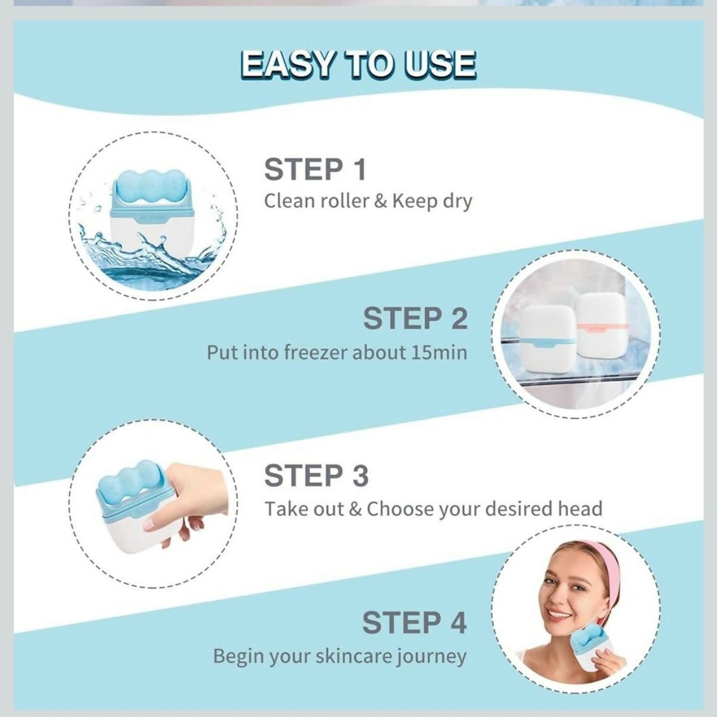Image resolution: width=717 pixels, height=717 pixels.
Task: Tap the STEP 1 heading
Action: tap(315, 170)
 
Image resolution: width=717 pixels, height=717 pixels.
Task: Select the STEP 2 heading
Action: tap(415, 319)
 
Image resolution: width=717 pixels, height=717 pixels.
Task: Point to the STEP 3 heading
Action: tap(316, 476)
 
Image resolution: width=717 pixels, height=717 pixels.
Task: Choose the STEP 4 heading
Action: tap(414, 623)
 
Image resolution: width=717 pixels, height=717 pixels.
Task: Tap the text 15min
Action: tap(439, 352)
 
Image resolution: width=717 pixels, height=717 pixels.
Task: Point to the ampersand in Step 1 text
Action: tap(381, 201)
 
